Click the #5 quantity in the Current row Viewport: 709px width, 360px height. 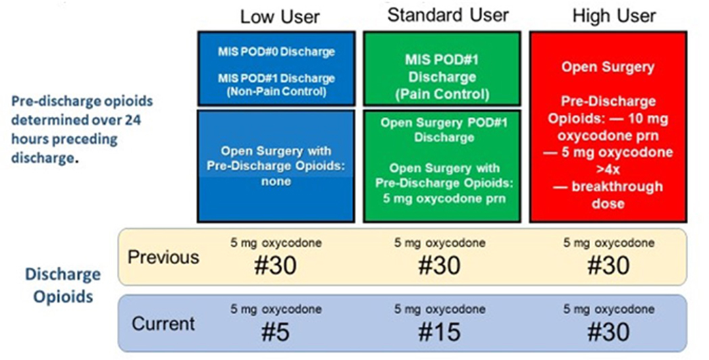(275, 332)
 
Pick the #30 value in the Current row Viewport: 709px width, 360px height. (608, 332)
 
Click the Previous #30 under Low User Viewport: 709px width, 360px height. (275, 265)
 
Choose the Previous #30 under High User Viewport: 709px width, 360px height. (608, 265)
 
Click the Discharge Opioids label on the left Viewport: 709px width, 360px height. (63, 286)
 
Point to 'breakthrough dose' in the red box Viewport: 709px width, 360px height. (608, 195)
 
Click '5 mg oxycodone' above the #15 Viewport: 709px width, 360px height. (440, 309)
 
